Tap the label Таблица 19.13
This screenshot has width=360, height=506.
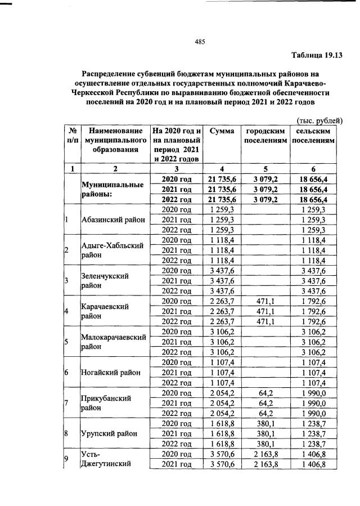317,55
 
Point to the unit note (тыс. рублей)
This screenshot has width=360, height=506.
319,120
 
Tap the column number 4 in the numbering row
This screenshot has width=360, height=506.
221,169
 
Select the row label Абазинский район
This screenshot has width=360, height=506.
114,220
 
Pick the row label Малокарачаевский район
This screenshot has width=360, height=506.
114,342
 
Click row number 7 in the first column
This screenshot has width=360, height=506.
67,403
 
